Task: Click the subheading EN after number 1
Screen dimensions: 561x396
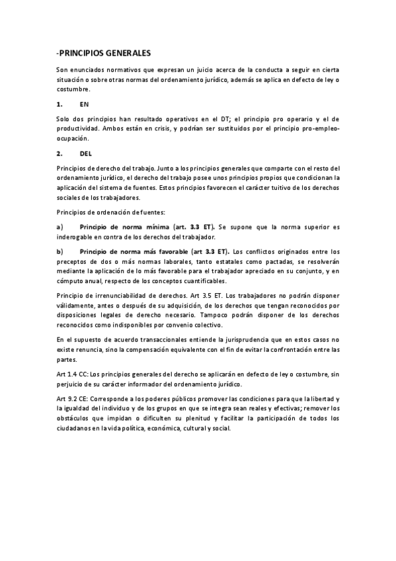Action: click(84, 105)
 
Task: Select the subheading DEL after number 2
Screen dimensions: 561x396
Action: click(85, 153)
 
